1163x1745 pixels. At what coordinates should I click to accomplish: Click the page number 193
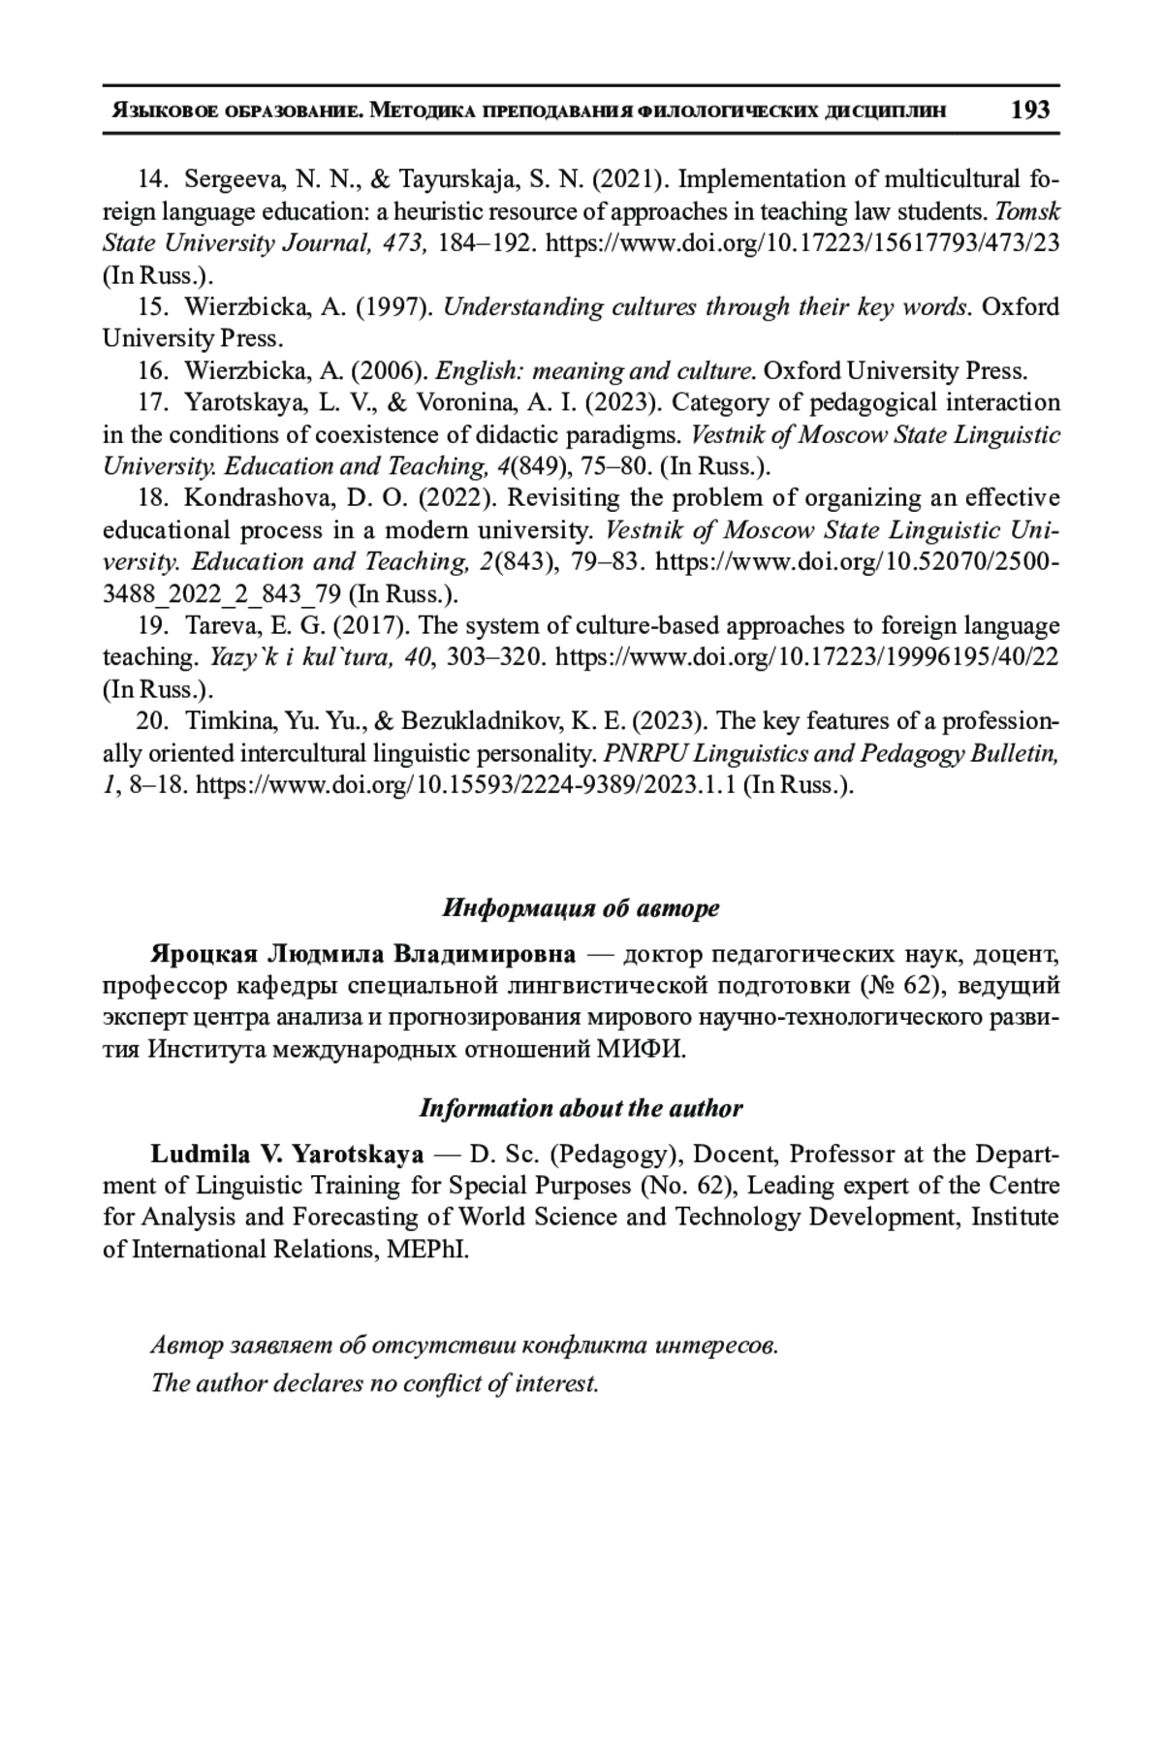(x=1029, y=110)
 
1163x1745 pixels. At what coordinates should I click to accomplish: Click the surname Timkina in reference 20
(x=226, y=722)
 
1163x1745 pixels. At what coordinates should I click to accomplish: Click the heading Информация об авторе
(x=581, y=908)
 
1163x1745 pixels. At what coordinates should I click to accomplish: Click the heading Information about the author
(x=581, y=1108)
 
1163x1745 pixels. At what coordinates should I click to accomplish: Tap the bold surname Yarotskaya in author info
(x=358, y=1155)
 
